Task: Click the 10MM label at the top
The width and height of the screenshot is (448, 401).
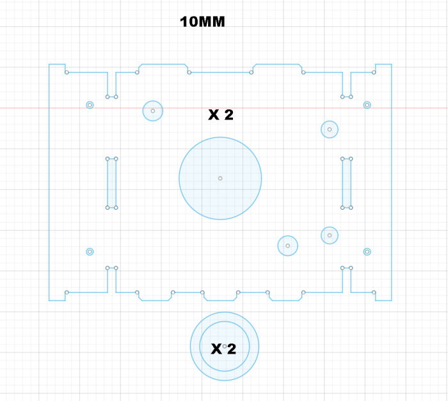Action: pos(202,22)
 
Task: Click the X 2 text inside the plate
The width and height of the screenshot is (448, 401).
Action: pos(221,115)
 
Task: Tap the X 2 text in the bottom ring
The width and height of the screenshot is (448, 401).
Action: pos(223,349)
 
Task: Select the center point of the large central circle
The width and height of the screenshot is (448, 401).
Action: pos(220,178)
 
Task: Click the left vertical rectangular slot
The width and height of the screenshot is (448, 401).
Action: pos(112,183)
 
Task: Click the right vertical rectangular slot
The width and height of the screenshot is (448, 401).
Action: pos(347,183)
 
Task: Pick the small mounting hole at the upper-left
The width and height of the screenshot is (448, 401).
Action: pos(90,105)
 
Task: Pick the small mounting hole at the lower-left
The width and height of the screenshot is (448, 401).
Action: pos(90,251)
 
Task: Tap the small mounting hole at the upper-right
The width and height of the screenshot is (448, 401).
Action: pos(367,105)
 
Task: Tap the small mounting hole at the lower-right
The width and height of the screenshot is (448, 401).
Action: pos(367,251)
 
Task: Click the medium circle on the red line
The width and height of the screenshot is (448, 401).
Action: pos(153,111)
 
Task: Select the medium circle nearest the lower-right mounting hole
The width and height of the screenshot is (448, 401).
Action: pos(330,235)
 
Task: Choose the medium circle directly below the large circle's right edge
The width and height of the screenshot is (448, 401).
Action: pos(288,246)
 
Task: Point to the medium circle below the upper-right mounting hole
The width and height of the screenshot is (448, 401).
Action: pos(330,129)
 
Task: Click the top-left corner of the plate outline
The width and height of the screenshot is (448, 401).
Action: pos(49,64)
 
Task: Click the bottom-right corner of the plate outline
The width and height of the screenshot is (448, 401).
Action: pos(392,301)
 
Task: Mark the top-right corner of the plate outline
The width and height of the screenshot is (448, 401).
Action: pos(392,64)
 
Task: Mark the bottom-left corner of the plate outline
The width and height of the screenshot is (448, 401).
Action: pos(49,301)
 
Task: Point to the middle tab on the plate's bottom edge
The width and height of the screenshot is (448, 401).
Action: pos(220,301)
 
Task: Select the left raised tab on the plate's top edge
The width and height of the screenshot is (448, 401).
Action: pos(163,64)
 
